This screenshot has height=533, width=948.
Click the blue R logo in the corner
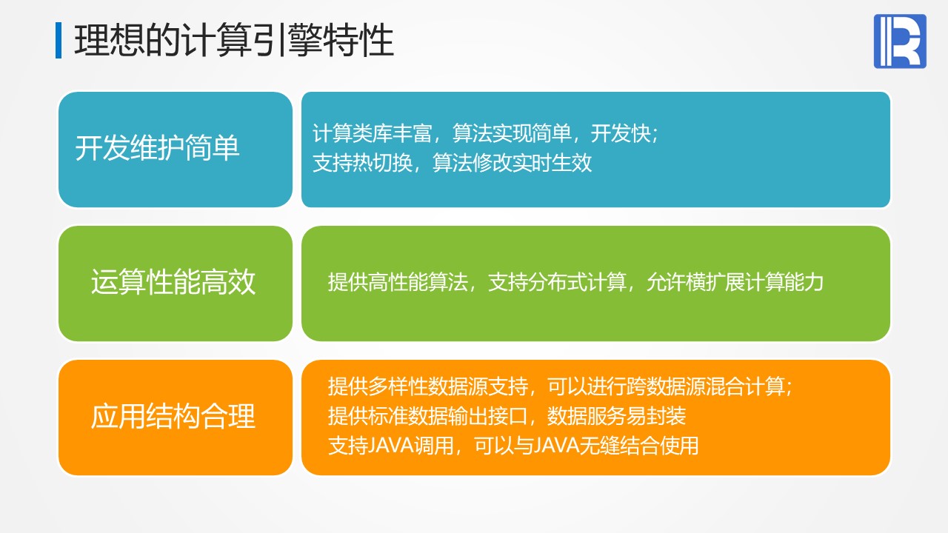(900, 41)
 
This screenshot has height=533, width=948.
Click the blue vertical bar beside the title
(59, 40)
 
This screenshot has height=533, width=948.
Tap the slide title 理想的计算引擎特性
(234, 40)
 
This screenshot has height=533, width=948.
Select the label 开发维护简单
(158, 147)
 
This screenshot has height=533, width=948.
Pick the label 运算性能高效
(173, 282)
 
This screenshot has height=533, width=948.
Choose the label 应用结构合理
(173, 416)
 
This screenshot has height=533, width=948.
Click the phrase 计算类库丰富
(373, 133)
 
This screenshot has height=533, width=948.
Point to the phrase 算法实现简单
(512, 133)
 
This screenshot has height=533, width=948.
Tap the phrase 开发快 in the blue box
(621, 133)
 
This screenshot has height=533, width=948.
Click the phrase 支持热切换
(363, 162)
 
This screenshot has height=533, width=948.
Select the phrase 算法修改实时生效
(512, 162)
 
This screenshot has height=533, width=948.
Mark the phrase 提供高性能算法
(398, 282)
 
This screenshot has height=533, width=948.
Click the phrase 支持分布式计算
(558, 282)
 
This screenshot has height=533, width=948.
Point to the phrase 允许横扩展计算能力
(735, 282)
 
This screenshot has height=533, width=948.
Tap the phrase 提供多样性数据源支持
(428, 386)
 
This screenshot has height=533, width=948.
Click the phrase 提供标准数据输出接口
(428, 415)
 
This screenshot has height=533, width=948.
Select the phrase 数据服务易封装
(617, 415)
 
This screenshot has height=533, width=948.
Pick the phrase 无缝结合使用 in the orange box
(639, 445)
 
